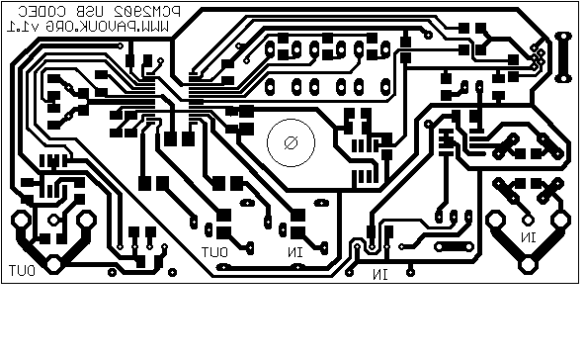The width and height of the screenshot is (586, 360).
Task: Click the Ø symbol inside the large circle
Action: click(x=292, y=142)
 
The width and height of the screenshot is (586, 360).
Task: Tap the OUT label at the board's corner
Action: click(x=23, y=269)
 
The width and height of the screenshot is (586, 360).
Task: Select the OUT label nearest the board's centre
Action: click(x=216, y=252)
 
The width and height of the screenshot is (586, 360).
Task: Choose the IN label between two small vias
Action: click(x=379, y=273)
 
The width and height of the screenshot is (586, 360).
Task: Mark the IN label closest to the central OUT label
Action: click(x=294, y=254)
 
